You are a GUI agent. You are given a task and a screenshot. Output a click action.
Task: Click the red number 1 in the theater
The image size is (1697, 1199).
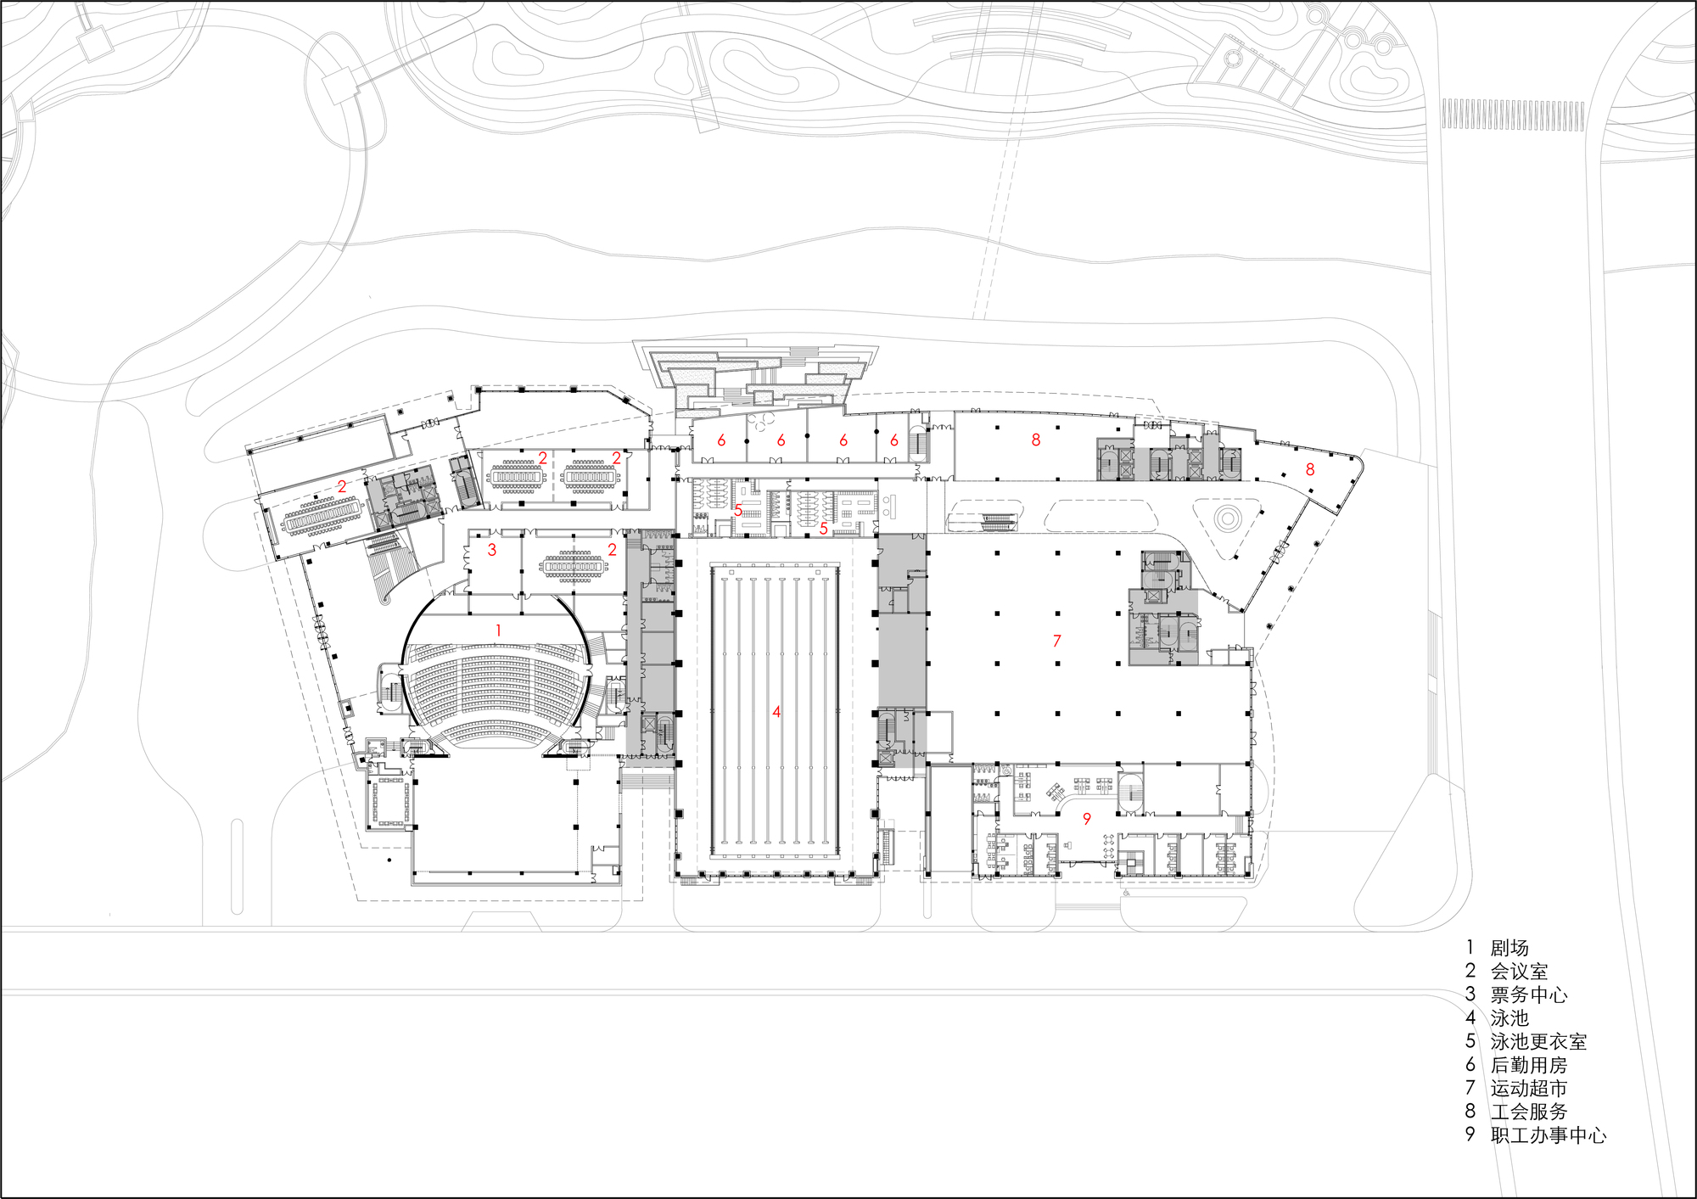click(498, 630)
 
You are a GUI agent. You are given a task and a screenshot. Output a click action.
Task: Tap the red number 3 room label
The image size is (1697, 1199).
click(492, 550)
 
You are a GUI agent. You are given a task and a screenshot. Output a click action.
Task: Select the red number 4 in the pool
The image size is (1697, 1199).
click(776, 712)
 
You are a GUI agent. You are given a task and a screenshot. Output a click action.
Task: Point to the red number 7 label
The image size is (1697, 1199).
click(1057, 641)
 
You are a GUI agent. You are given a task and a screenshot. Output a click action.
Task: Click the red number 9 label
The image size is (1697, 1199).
click(1087, 819)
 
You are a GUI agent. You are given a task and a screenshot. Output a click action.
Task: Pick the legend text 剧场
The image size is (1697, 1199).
click(1509, 948)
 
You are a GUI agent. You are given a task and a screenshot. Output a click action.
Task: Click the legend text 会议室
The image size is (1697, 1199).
click(1519, 972)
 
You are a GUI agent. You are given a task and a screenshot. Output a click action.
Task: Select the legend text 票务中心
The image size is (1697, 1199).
click(1529, 994)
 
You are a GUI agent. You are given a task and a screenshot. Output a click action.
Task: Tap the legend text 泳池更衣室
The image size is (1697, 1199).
click(1538, 1041)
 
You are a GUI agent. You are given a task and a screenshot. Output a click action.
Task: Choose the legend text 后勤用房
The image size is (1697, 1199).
click(1529, 1065)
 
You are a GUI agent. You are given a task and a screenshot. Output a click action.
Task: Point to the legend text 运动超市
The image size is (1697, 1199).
click(1529, 1088)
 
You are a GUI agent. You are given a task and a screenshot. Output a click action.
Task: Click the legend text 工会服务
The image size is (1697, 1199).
click(1529, 1112)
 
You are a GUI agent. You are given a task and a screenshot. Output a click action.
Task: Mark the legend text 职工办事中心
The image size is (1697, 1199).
click(1549, 1135)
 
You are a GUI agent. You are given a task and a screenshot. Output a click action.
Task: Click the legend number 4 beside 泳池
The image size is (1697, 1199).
click(1470, 1017)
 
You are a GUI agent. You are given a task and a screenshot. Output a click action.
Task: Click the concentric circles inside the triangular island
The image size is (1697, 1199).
click(1227, 517)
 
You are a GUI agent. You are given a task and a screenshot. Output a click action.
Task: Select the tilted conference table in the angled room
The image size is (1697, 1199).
click(322, 517)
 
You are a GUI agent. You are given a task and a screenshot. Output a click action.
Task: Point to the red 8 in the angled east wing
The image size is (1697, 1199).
click(1310, 469)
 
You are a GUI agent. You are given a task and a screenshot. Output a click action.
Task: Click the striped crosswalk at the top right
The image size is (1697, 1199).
click(1513, 115)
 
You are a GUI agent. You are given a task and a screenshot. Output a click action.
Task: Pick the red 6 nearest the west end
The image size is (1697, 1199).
click(721, 440)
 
